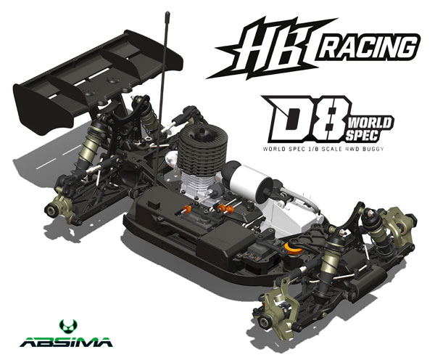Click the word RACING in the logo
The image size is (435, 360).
pos(367,48)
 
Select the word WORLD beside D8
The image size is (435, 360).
pos(370,122)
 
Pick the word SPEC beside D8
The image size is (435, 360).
pos(362,135)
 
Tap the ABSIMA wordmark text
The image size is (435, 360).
pos(66,342)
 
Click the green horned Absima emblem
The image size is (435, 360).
pos(68,327)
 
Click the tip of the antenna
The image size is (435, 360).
pos(167,13)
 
